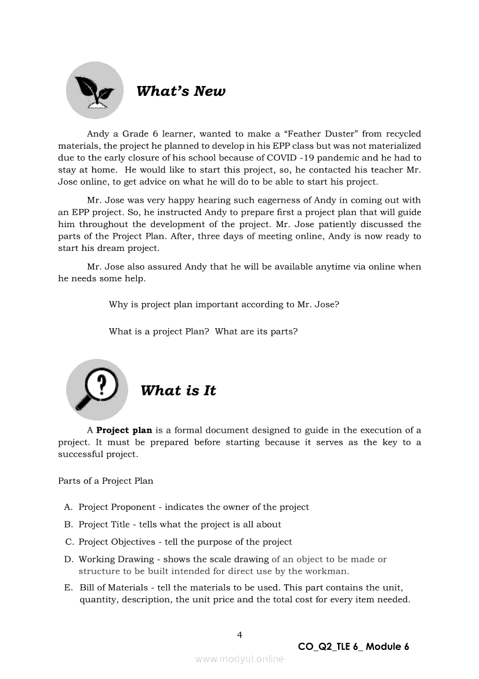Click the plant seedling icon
[x=95, y=91]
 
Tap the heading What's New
[x=180, y=91]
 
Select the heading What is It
[x=178, y=391]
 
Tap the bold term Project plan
[x=124, y=430]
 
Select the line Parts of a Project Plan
[x=106, y=481]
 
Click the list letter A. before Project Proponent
[x=68, y=507]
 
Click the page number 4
[x=239, y=635]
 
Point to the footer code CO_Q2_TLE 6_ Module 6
[x=353, y=646]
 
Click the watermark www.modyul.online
[x=239, y=659]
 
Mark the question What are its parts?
[x=256, y=332]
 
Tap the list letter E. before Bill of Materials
[x=68, y=588]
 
